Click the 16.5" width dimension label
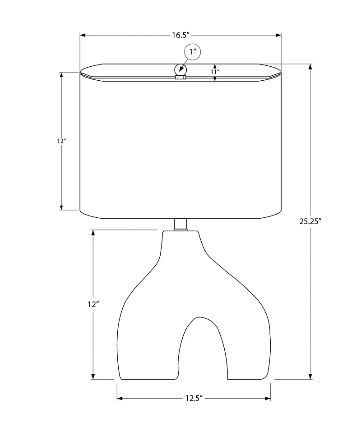[180, 35]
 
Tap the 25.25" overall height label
[310, 221]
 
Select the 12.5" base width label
[194, 398]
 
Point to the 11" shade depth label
[215, 72]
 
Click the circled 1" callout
[193, 52]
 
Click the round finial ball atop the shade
[180, 69]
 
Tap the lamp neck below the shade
[180, 225]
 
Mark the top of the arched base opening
[201, 317]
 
